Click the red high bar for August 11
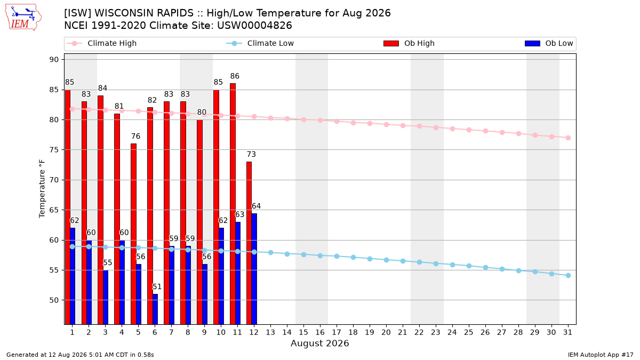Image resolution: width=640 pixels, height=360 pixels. click(x=233, y=204)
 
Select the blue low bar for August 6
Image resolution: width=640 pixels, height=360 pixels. click(x=155, y=309)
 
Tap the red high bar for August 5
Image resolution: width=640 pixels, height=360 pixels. click(x=134, y=234)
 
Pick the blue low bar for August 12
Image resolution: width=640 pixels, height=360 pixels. click(x=254, y=269)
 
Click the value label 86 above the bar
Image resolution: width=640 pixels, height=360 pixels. click(x=235, y=76)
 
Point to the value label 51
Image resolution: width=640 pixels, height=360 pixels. click(x=157, y=286)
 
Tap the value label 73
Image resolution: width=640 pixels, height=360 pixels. click(x=251, y=154)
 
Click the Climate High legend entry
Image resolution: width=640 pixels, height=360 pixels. click(x=101, y=43)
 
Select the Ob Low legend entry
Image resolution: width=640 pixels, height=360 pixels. click(x=549, y=43)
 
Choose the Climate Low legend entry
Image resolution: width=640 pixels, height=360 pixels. click(x=260, y=43)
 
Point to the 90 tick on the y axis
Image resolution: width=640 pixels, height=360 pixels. click(x=54, y=60)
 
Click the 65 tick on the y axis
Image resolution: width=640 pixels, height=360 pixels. click(x=54, y=210)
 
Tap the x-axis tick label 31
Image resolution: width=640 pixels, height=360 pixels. click(x=567, y=332)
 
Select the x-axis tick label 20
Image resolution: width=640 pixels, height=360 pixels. click(x=386, y=332)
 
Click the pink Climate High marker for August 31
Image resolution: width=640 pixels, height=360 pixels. click(x=568, y=138)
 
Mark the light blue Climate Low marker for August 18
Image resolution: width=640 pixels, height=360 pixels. click(x=353, y=257)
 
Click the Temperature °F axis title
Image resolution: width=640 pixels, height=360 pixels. click(x=42, y=189)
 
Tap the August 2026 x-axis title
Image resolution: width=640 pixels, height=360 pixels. click(x=319, y=343)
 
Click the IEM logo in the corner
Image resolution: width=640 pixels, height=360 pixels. click(x=23, y=18)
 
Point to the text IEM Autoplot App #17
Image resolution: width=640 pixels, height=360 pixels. click(x=601, y=355)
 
